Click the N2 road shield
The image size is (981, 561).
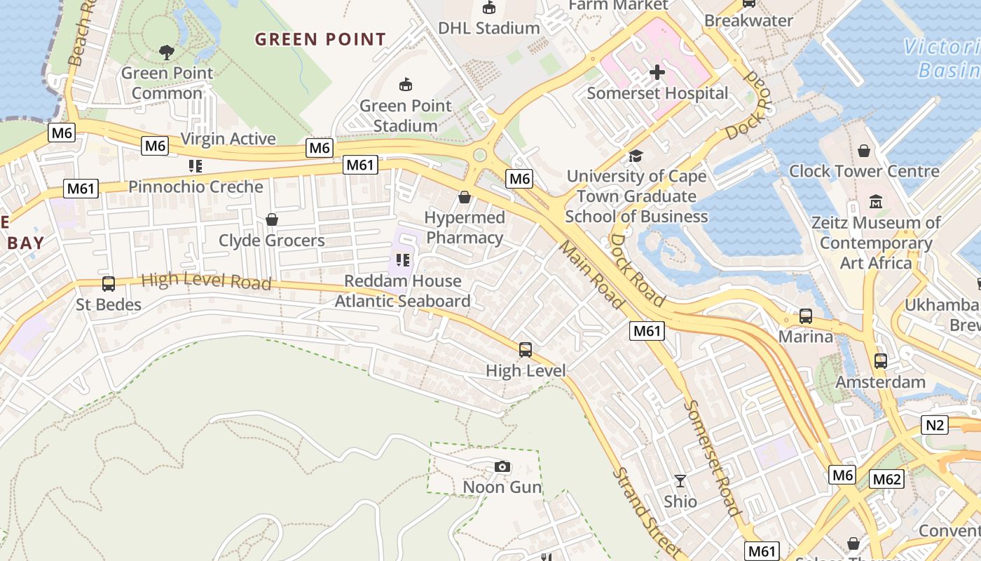click(935, 424)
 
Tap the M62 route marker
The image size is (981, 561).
click(886, 479)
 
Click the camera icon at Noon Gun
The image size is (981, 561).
click(502, 467)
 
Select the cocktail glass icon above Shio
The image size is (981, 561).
click(680, 481)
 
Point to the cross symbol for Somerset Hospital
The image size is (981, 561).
click(657, 72)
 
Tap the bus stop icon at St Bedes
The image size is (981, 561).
click(109, 284)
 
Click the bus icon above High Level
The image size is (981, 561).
click(526, 349)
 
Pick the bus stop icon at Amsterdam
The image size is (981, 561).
click(881, 361)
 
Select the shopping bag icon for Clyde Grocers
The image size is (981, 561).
click(272, 219)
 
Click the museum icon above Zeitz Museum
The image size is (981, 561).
click(876, 202)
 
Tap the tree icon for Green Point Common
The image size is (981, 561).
click(166, 52)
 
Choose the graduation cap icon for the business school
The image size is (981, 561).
click(636, 156)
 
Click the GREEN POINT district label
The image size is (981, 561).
click(320, 39)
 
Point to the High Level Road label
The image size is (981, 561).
click(206, 281)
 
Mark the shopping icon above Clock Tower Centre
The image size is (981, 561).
click(864, 151)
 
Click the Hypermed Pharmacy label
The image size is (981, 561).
click(465, 228)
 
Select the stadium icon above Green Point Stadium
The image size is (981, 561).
click(405, 85)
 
